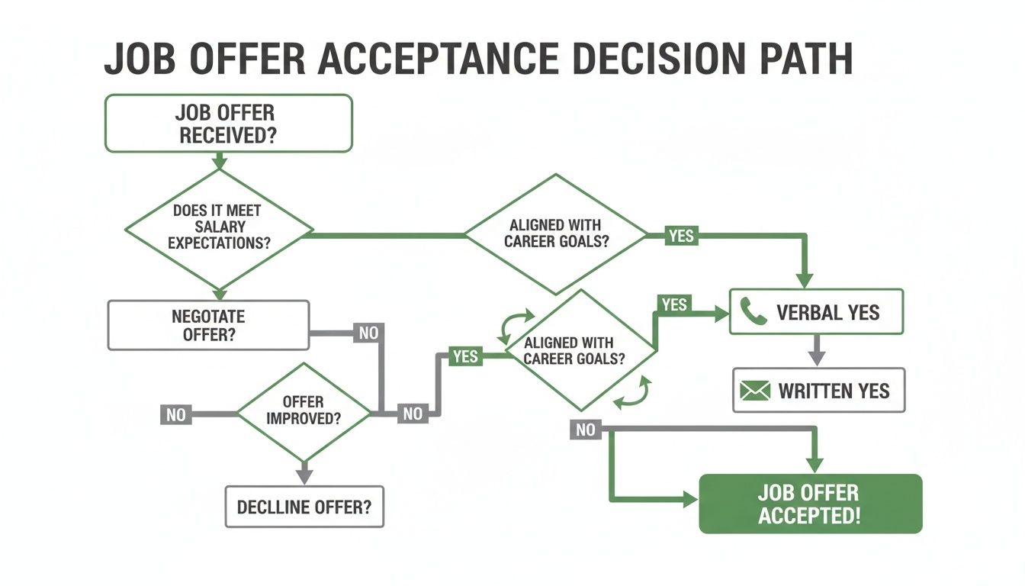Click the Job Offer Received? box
click(228, 123)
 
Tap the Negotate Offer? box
click(208, 325)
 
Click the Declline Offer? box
click(304, 506)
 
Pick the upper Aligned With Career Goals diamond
click(556, 234)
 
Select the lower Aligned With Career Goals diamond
click(580, 350)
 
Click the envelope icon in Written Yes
click(756, 391)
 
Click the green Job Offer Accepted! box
click(810, 504)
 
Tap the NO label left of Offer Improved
click(175, 415)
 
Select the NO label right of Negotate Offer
click(368, 333)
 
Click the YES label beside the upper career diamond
click(680, 235)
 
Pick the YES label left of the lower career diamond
click(464, 356)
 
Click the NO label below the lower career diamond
click(585, 430)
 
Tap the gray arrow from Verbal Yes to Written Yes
click(817, 351)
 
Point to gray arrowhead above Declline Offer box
click(304, 475)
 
